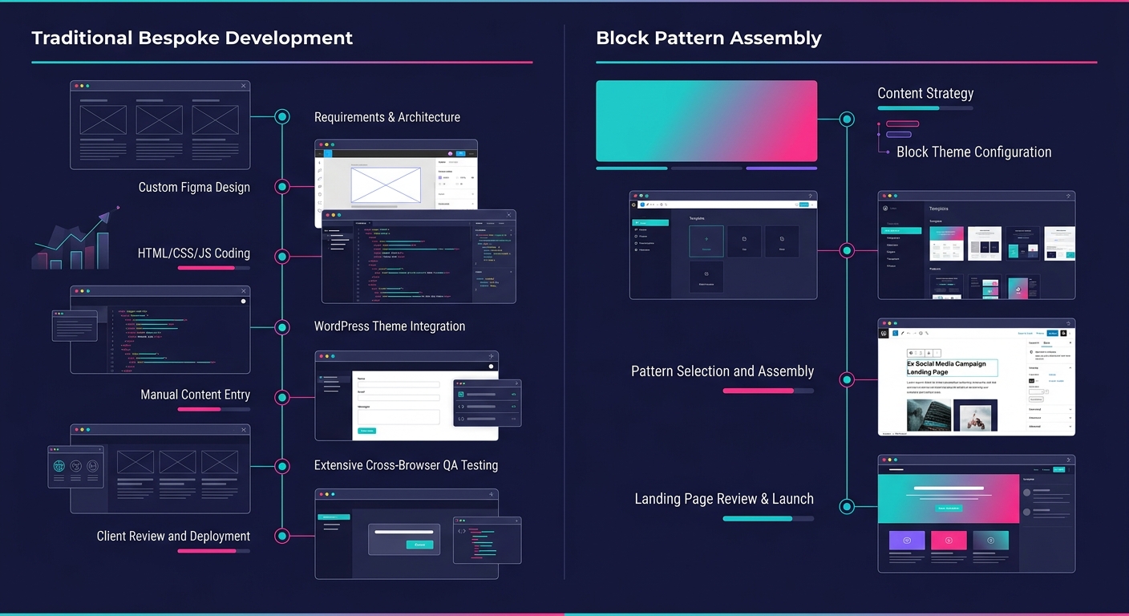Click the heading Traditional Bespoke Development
(x=192, y=38)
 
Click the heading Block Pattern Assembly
(x=709, y=38)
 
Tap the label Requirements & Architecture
(x=386, y=117)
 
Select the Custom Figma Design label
(x=194, y=187)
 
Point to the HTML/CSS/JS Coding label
(x=194, y=253)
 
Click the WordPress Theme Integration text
(x=390, y=326)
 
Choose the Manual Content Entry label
(x=195, y=395)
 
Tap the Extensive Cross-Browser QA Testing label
(x=406, y=465)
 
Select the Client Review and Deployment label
(x=173, y=536)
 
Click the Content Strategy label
(x=925, y=93)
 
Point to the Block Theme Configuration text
(x=973, y=152)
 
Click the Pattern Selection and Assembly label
(x=722, y=371)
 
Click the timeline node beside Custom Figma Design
(x=282, y=187)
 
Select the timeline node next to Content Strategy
(x=847, y=120)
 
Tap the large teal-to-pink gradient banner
(x=706, y=121)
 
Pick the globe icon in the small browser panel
(x=59, y=466)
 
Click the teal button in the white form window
(x=366, y=431)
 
